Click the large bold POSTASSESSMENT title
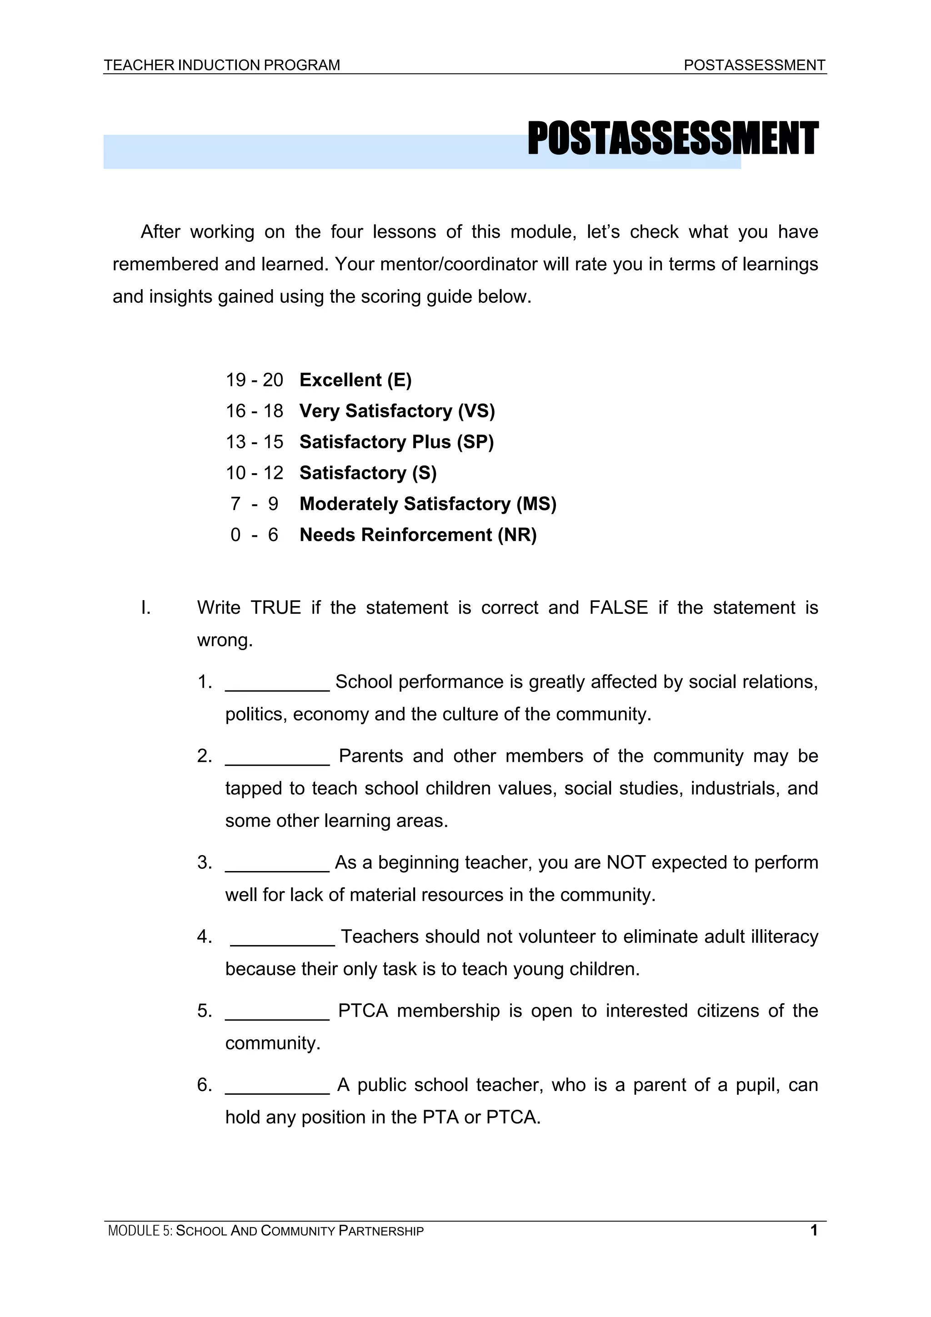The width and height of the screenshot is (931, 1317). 672,139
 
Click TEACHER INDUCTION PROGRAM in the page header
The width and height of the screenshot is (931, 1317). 221,65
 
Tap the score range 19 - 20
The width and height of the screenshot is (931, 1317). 254,380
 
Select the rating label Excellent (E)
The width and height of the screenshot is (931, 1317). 355,380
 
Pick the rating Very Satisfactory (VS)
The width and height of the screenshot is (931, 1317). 397,411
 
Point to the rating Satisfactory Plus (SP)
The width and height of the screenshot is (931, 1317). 396,442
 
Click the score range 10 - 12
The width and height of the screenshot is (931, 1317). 254,473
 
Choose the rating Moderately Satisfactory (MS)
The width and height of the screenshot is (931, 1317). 428,504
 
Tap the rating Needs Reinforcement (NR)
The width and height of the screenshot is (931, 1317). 418,535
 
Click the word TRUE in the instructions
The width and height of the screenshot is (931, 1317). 276,607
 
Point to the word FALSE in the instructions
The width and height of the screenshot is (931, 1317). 618,607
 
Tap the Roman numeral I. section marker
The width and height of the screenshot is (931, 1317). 146,607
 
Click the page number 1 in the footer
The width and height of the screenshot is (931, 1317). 813,1230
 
